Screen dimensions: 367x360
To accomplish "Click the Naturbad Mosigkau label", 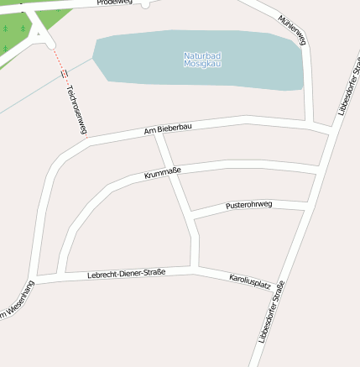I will (202, 60).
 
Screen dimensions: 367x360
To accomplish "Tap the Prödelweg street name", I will (114, 3).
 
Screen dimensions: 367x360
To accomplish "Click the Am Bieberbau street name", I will (168, 128).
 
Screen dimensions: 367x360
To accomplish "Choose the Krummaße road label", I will (163, 173).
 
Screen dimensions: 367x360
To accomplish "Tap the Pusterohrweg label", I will (249, 205).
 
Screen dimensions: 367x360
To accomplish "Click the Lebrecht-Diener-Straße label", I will (126, 273).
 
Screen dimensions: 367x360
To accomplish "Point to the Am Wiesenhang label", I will (17, 301).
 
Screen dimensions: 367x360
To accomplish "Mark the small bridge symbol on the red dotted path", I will (65, 74).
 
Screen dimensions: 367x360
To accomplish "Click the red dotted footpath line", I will (58, 59).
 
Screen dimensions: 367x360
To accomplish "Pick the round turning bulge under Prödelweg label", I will (145, 4).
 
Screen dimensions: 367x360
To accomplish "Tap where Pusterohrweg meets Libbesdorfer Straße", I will (305, 205).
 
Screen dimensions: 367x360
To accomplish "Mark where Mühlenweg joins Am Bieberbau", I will (314, 127).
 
